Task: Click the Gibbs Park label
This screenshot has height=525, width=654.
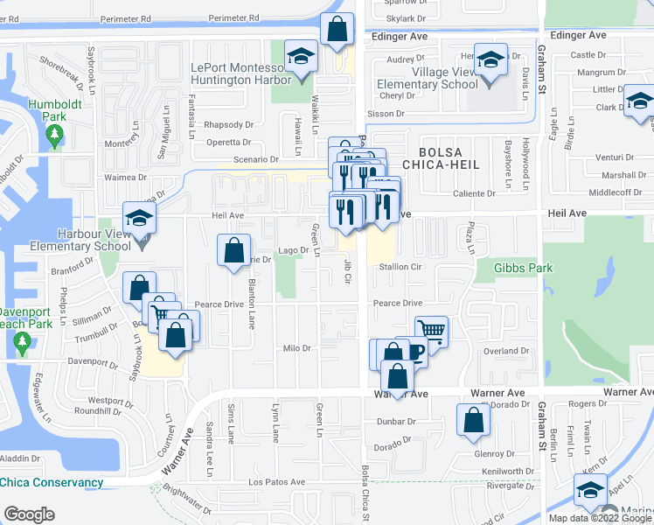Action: [523, 268]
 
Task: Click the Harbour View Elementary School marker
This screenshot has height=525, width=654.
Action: [139, 220]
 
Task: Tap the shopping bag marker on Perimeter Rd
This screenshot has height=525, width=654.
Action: [337, 31]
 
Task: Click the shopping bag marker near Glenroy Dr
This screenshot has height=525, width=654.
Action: [473, 420]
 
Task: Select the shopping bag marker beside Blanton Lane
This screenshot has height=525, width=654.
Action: [233, 252]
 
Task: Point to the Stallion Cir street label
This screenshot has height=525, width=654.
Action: [403, 267]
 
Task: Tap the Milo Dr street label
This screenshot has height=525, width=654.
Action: [297, 348]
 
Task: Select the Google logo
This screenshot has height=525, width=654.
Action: [29, 514]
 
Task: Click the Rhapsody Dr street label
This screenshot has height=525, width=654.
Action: [228, 125]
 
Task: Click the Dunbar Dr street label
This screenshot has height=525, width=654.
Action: [394, 421]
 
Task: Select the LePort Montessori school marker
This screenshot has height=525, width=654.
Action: [302, 62]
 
